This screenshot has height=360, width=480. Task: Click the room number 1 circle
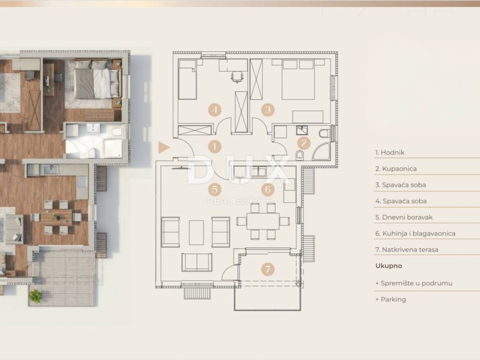[x=215, y=146]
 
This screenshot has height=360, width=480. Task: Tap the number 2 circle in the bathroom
[x=304, y=142]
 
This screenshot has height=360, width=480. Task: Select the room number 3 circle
[x=268, y=110]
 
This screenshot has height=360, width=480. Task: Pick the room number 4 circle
[x=215, y=110]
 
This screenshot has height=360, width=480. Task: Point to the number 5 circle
[x=215, y=189]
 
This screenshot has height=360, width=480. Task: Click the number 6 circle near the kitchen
[x=268, y=189]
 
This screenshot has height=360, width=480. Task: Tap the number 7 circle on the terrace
[x=268, y=269]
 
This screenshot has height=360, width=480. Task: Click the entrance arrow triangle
[x=164, y=147]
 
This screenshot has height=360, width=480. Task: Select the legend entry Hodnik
[x=390, y=152]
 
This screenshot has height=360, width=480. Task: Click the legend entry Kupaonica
[x=396, y=169]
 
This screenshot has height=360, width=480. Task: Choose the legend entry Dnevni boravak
[x=404, y=217]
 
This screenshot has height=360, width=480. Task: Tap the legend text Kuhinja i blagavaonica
[x=415, y=233]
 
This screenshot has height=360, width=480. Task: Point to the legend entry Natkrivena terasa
[x=407, y=250]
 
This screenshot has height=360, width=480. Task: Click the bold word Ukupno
[x=389, y=266]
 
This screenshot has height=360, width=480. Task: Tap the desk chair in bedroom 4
[x=237, y=76]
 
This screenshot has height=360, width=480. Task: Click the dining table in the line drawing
[x=263, y=221]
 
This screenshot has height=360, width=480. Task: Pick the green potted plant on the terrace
[x=36, y=296]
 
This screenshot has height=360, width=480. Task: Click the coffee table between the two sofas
[x=196, y=232]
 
